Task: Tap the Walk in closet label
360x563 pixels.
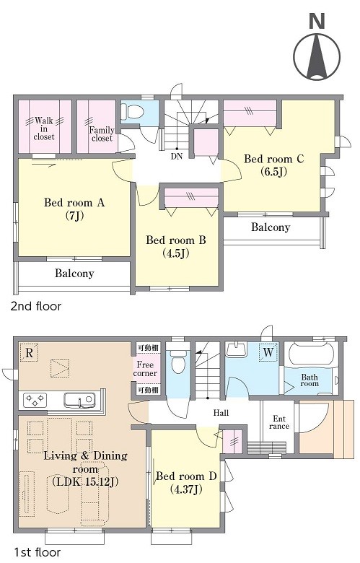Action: (44, 128)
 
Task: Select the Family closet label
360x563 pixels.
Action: (102, 134)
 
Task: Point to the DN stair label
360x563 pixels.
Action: (177, 156)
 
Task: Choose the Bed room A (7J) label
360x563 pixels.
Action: (74, 209)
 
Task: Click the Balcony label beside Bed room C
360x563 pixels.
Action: (271, 227)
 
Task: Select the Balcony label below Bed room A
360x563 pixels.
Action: (74, 274)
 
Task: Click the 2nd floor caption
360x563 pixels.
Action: (36, 306)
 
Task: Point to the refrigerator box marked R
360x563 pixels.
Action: (29, 352)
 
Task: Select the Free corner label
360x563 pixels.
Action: (145, 369)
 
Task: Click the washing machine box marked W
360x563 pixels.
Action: (268, 352)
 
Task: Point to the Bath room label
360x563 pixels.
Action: (309, 380)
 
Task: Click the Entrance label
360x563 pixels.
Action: (279, 422)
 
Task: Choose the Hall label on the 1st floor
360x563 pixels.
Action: (221, 413)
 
